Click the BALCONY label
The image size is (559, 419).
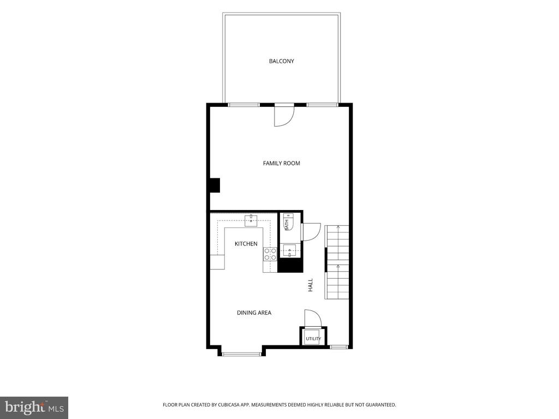click(x=281, y=61)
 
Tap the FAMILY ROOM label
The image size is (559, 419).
click(x=281, y=163)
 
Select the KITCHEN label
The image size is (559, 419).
click(x=246, y=244)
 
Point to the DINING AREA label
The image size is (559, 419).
click(x=254, y=313)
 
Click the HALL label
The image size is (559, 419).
click(x=311, y=285)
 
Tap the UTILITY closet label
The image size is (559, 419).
click(x=313, y=338)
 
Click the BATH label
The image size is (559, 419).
click(x=286, y=225)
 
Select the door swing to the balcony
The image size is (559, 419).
click(x=284, y=116)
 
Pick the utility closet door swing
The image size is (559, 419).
click(x=313, y=318)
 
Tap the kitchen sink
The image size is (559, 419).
click(x=251, y=221)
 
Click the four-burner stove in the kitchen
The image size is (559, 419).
click(x=270, y=254)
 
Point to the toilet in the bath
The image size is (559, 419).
click(x=288, y=222)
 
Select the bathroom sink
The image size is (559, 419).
click(x=289, y=251)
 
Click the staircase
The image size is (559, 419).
click(x=336, y=262)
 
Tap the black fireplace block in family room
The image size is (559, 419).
click(x=214, y=185)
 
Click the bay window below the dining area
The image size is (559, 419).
click(x=242, y=354)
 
